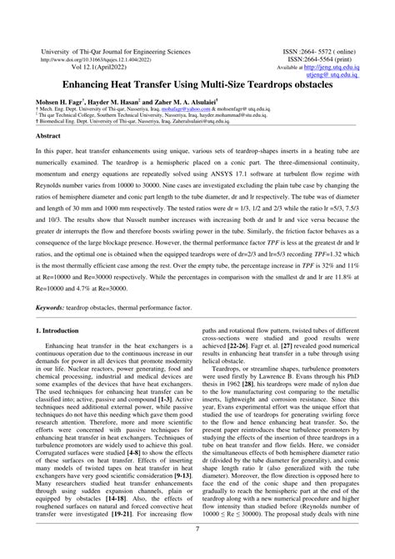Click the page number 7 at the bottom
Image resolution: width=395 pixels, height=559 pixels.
pyautogui.click(x=197, y=528)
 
